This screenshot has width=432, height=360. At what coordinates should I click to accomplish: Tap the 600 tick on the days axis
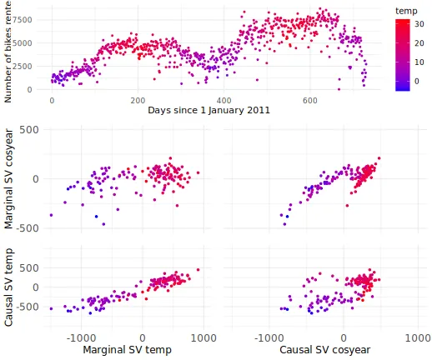[x=310, y=100]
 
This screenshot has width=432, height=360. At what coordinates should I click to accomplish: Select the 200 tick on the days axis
[x=138, y=100]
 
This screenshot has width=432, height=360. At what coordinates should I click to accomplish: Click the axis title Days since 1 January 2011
[x=208, y=110]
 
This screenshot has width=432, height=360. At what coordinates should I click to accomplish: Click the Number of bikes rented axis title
[x=8, y=52]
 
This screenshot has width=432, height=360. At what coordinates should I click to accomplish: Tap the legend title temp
[x=406, y=11]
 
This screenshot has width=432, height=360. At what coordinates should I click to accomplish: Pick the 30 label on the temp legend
[x=419, y=24]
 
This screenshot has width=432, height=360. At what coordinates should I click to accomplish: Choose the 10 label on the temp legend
[x=419, y=62]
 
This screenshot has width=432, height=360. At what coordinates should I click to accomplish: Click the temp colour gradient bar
[x=403, y=55]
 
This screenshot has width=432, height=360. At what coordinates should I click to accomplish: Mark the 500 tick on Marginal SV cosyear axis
[x=29, y=130]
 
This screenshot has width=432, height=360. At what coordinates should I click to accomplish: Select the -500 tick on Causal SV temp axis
[x=28, y=307]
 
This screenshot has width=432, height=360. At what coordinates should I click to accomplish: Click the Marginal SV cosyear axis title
[x=8, y=179]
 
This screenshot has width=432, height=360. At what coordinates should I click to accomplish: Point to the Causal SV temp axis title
[x=8, y=287]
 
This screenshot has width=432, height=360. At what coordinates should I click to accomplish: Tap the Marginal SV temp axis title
[x=128, y=349]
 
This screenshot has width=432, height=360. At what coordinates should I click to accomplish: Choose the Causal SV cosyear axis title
[x=325, y=349]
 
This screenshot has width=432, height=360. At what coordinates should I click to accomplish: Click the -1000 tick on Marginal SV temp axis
[x=81, y=338]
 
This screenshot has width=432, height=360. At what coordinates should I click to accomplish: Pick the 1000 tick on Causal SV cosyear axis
[x=418, y=338]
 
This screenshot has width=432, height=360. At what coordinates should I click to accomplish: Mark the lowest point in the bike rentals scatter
[x=339, y=89]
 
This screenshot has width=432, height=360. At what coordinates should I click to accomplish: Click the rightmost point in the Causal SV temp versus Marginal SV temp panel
[x=198, y=270]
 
